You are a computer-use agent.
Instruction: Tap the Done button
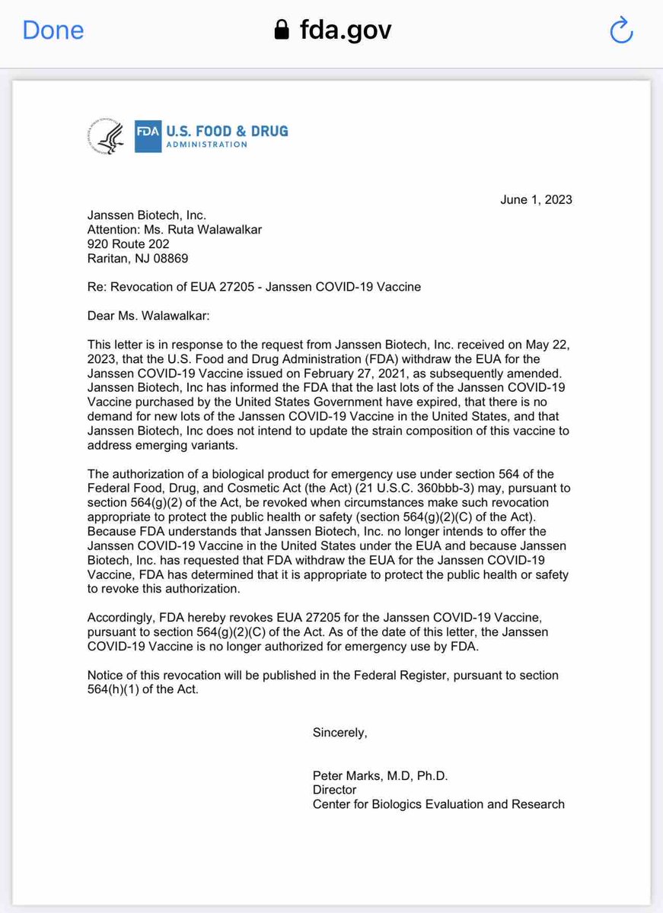tap(53, 30)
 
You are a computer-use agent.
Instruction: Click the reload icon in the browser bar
tap(622, 31)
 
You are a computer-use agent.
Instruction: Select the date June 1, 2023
tap(537, 200)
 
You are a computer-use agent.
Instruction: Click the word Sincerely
tap(339, 733)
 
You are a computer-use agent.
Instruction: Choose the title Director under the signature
tap(335, 790)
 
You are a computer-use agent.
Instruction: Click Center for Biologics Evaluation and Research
tap(438, 804)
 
